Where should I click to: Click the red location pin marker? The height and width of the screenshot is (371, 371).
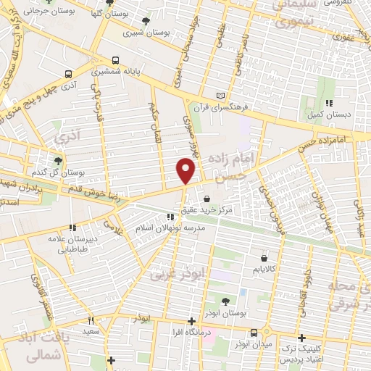(x=185, y=171)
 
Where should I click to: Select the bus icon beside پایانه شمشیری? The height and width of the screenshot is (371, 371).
(x=114, y=61)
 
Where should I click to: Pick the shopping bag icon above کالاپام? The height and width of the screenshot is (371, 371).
(x=264, y=257)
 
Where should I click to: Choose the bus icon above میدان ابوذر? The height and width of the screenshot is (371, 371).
(x=254, y=333)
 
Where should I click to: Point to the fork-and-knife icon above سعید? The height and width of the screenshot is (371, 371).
(x=91, y=320)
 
